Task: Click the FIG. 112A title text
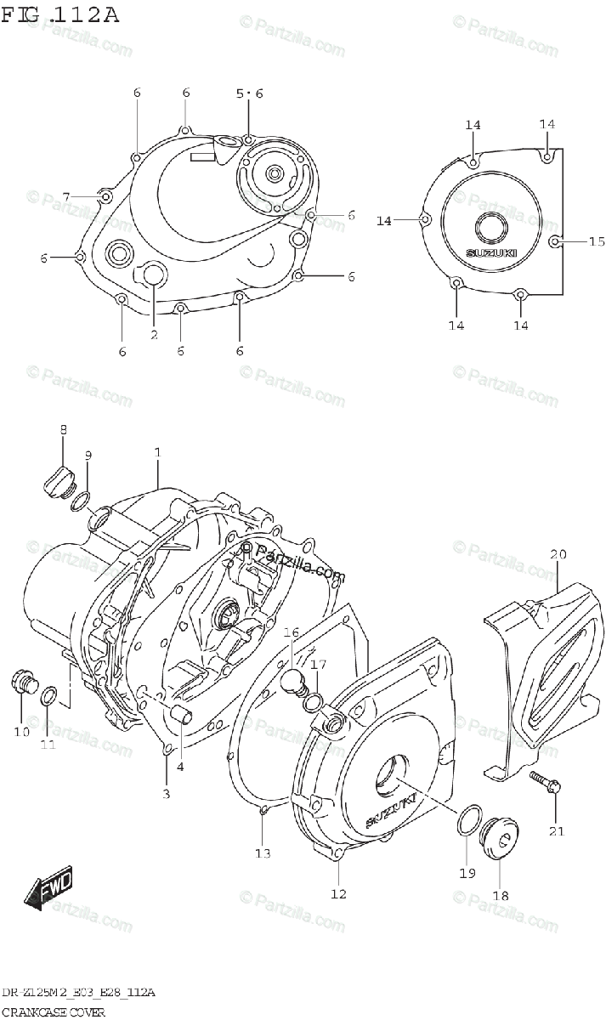click(60, 14)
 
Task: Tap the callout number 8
click(63, 431)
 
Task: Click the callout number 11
click(48, 745)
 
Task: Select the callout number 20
click(558, 555)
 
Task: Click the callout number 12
click(338, 893)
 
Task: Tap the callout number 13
click(263, 853)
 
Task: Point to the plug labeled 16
click(293, 679)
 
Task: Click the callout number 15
click(597, 241)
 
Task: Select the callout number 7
click(65, 197)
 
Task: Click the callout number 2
click(154, 335)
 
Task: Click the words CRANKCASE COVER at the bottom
click(54, 1012)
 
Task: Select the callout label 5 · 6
click(249, 93)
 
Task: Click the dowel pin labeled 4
click(180, 713)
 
